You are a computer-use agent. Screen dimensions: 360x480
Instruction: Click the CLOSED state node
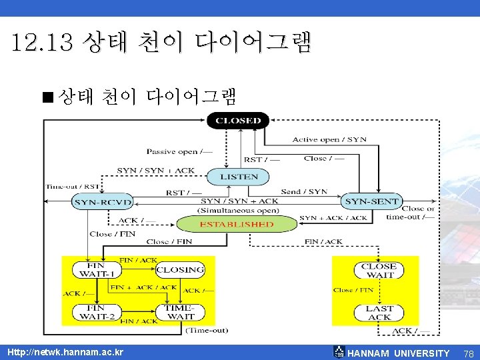pos(238,121)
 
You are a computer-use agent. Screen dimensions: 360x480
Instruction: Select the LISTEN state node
pos(238,177)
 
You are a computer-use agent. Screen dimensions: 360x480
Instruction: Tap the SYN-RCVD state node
pos(102,202)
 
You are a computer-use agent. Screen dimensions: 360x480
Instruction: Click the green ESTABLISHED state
pos(237,224)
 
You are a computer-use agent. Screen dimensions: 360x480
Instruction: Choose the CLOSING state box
pos(180,269)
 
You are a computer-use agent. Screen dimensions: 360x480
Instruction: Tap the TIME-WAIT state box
pos(180,312)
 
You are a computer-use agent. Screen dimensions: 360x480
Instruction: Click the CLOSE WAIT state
pos(379,270)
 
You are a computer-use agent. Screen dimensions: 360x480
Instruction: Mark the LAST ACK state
pos(379,312)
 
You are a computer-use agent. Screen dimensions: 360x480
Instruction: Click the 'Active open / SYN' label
pos(329,140)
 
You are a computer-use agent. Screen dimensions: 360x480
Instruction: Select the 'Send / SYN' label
pos(304,192)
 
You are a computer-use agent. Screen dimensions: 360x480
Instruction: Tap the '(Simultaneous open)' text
pos(239,209)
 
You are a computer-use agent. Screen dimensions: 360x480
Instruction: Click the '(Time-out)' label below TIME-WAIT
pos(207,330)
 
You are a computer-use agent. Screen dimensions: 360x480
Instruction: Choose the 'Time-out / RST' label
pos(73,187)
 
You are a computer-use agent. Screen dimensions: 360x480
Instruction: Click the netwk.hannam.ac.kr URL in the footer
pos(65,352)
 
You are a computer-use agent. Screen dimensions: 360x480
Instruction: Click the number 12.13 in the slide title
pos(41,44)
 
